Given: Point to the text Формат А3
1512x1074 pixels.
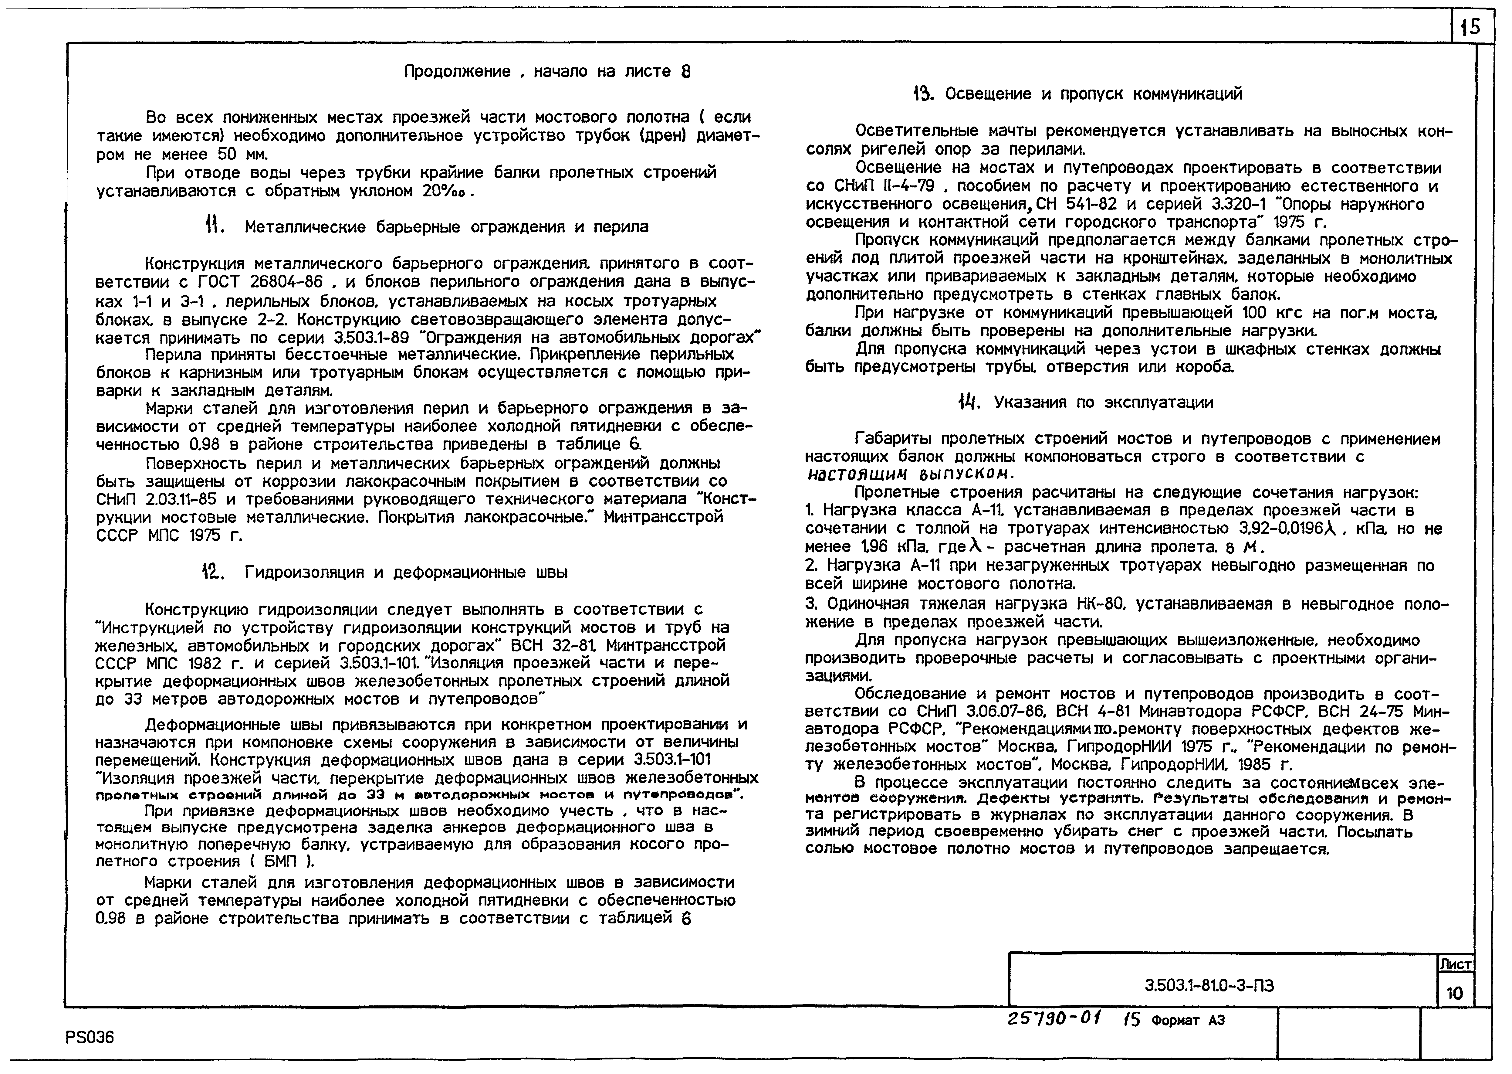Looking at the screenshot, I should pos(1188,1021).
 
